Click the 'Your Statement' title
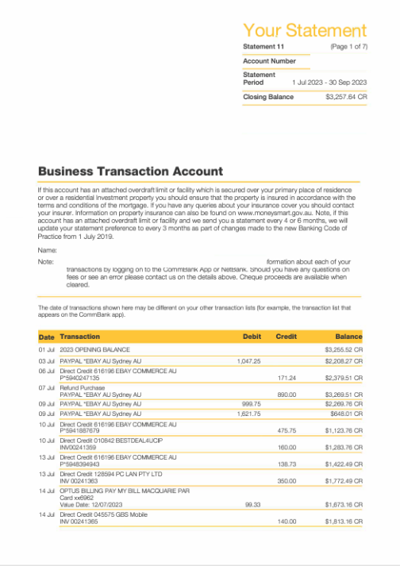tap(305, 30)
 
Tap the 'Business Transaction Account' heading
tap(130, 171)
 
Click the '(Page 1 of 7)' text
tap(348, 47)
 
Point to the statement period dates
tap(329, 82)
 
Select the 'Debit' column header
tap(251, 337)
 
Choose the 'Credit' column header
tap(286, 337)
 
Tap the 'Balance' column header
tap(348, 337)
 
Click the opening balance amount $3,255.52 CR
tap(345, 349)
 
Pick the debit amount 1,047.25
tap(248, 360)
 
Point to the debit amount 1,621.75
tap(248, 414)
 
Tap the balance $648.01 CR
tap(347, 414)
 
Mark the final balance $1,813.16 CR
tap(345, 521)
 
